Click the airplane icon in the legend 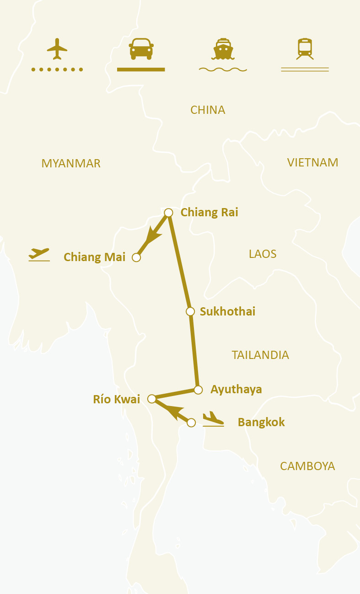pyautogui.click(x=57, y=48)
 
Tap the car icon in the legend pyautogui.click(x=141, y=48)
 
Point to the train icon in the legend pyautogui.click(x=305, y=48)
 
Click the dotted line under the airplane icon pyautogui.click(x=57, y=70)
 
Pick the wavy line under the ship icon pyautogui.click(x=223, y=70)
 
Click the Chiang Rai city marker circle pyautogui.click(x=168, y=213)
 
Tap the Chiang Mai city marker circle pyautogui.click(x=136, y=257)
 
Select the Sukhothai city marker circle pyautogui.click(x=190, y=311)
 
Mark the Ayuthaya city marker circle pyautogui.click(x=198, y=390)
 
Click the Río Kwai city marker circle pyautogui.click(x=152, y=399)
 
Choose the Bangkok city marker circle pyautogui.click(x=192, y=423)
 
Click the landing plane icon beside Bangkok pyautogui.click(x=213, y=419)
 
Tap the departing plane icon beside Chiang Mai pyautogui.click(x=39, y=254)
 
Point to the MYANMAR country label pyautogui.click(x=71, y=164)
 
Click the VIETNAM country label pyautogui.click(x=313, y=162)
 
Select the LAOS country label pyautogui.click(x=263, y=254)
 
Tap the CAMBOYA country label pyautogui.click(x=307, y=466)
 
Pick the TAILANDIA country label pyautogui.click(x=260, y=355)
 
